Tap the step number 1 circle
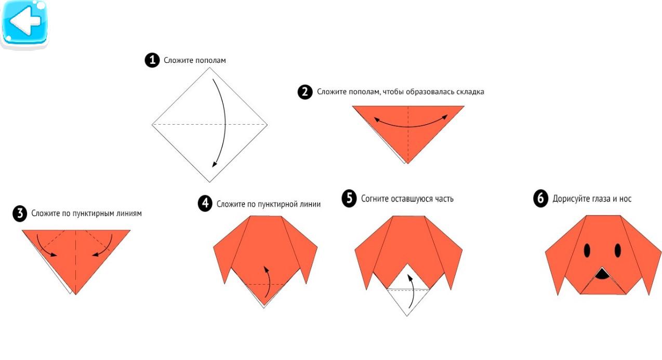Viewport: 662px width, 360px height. [x=152, y=60]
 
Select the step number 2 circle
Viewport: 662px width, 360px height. [x=305, y=92]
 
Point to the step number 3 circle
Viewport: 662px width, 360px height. [x=20, y=214]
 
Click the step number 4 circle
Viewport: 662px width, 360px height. [x=205, y=203]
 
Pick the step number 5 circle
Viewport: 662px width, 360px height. [x=349, y=198]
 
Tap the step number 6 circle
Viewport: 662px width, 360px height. [x=540, y=198]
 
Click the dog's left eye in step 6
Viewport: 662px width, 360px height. [x=587, y=250]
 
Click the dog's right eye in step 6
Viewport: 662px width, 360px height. [x=618, y=250]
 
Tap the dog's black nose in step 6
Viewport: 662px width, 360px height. [x=602, y=274]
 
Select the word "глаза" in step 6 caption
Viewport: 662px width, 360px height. [x=601, y=199]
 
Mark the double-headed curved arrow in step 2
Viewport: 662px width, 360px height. [x=411, y=125]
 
